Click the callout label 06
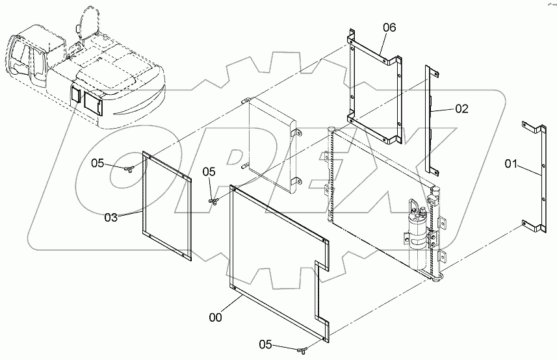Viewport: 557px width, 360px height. (389, 27)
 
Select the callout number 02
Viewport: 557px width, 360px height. (462, 109)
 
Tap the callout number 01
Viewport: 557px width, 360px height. (511, 164)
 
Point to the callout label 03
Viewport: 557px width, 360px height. (111, 217)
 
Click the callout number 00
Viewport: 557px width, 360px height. (215, 317)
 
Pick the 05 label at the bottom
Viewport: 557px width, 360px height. (265, 344)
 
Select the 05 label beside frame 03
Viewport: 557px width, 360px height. (97, 163)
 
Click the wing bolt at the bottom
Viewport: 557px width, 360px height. (303, 350)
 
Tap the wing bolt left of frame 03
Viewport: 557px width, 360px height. (129, 169)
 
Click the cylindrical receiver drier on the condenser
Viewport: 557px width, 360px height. (417, 235)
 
